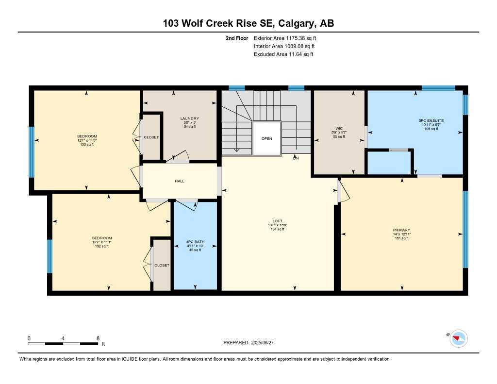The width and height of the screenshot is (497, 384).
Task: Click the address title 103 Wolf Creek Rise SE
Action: click(x=248, y=23)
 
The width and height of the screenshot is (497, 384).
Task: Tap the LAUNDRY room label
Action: click(x=189, y=118)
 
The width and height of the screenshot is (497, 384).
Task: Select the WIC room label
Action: click(x=339, y=128)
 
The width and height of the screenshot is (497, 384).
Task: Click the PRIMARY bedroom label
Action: click(x=401, y=230)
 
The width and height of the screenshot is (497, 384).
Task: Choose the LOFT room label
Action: click(x=277, y=221)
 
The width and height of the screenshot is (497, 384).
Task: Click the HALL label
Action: click(x=180, y=181)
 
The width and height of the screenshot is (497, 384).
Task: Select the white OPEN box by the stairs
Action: click(x=266, y=138)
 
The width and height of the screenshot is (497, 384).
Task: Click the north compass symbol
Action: click(x=458, y=338)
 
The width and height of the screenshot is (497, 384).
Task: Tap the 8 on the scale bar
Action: click(x=98, y=338)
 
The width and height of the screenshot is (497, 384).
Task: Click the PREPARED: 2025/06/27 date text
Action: click(x=251, y=343)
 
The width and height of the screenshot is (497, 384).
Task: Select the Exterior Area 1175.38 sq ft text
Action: click(x=286, y=38)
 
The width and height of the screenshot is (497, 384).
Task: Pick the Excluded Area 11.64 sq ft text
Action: click(x=283, y=54)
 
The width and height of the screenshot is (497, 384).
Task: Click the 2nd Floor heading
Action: click(x=237, y=38)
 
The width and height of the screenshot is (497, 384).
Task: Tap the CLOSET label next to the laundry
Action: click(x=151, y=137)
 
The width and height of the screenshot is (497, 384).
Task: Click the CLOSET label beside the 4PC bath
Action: click(x=162, y=265)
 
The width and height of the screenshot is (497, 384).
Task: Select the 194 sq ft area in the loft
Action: click(x=277, y=230)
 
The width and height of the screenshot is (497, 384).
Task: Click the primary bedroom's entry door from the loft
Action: click(x=340, y=190)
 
